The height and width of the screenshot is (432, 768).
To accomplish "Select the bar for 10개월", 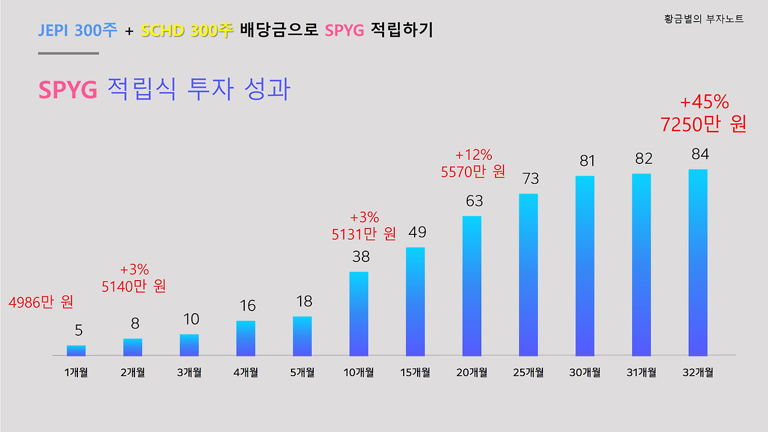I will (x=359, y=314).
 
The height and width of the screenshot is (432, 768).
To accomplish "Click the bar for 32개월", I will (x=698, y=263).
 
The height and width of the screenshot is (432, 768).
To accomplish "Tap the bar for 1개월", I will (x=76, y=350).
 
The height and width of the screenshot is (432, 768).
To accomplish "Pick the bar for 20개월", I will (x=472, y=286).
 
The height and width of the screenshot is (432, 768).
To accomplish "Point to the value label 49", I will (x=418, y=232).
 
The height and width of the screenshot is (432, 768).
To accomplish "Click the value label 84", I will (x=700, y=154).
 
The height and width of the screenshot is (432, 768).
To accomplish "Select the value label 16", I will (x=247, y=306).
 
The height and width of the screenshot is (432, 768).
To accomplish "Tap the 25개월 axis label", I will (x=528, y=373).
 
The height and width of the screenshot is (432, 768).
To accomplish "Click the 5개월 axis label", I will (x=302, y=373).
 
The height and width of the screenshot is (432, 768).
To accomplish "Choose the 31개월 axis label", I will (x=641, y=373).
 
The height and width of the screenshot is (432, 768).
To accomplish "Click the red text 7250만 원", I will (x=703, y=124).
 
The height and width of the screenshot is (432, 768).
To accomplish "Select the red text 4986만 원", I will (x=41, y=302).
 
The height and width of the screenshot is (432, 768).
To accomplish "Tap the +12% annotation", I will (x=473, y=155).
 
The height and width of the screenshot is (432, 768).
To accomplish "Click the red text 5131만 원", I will (x=364, y=234).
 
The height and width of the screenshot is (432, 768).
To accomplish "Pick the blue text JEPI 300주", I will (x=78, y=30).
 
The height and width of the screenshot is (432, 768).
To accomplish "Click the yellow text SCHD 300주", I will (x=187, y=30).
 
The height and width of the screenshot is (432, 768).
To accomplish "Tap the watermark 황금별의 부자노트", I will (x=704, y=19).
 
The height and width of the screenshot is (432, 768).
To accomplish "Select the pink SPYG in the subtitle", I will (x=68, y=90).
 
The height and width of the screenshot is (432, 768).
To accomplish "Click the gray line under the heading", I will (x=68, y=53).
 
